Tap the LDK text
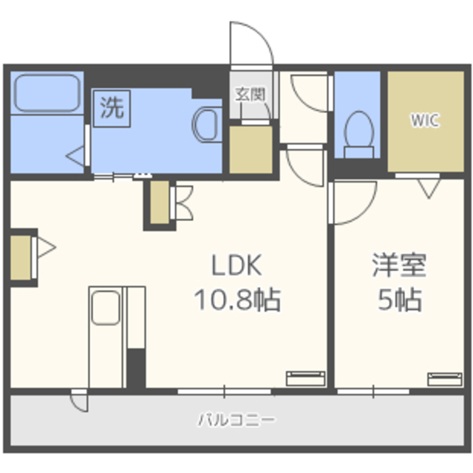[238, 265]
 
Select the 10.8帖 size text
[236, 300]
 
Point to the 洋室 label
[398, 265]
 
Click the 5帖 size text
[399, 300]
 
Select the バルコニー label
[236, 421]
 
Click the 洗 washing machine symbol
[112, 109]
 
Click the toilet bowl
[360, 131]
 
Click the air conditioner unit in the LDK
[306, 378]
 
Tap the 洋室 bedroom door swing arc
[351, 202]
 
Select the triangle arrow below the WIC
[428, 190]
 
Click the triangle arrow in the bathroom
[76, 156]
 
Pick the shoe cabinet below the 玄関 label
[251, 150]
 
